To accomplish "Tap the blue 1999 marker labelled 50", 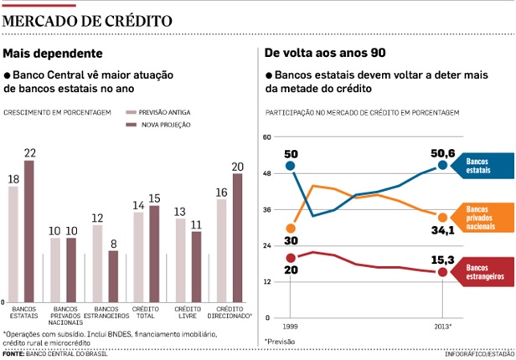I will [290, 166].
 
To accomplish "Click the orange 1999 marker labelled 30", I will [290, 228].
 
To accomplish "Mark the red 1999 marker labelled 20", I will [290, 258].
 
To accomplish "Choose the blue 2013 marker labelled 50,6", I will [442, 165].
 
